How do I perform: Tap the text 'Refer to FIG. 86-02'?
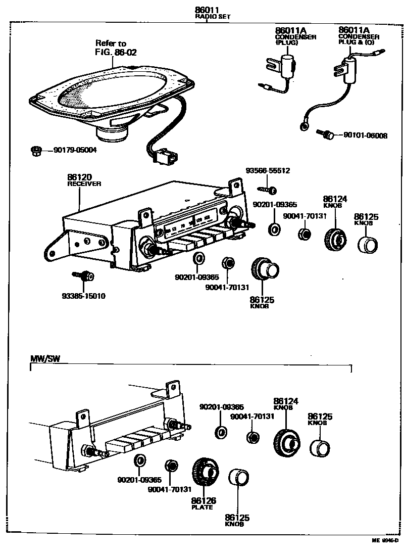click(116, 48)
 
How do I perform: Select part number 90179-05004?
click(75, 150)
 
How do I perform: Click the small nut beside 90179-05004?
click(36, 150)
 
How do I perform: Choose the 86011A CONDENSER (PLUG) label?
click(295, 36)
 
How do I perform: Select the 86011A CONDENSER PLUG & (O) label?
click(358, 36)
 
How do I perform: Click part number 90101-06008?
click(365, 135)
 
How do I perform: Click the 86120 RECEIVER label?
click(83, 180)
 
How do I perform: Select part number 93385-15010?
click(83, 296)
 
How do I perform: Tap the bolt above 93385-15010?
click(84, 276)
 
